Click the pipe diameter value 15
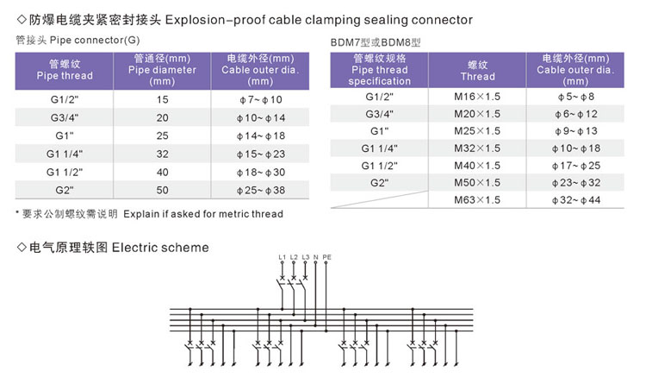point(163,100)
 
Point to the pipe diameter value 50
point(163,188)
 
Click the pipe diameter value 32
point(163,154)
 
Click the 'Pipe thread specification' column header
point(379,69)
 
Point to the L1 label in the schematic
point(282,258)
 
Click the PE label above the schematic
point(327,258)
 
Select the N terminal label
point(316,258)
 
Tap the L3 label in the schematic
point(305,258)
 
